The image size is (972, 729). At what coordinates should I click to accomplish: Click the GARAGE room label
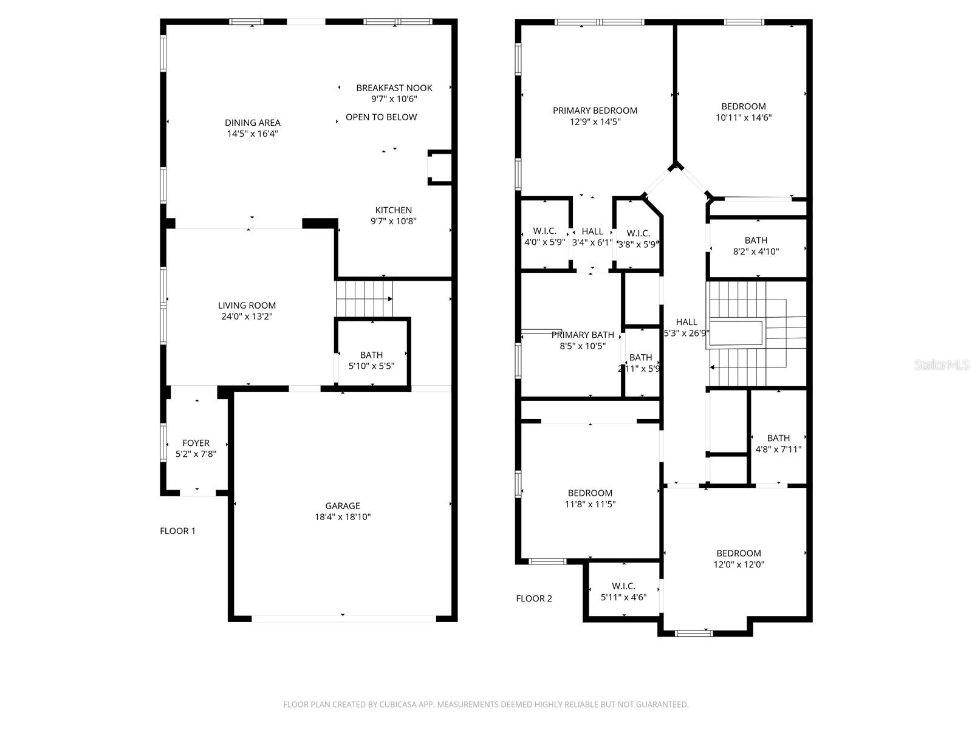pyautogui.click(x=343, y=505)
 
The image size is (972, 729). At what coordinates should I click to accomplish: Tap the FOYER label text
pyautogui.click(x=196, y=443)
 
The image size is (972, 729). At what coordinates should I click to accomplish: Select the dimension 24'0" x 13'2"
pyautogui.click(x=247, y=317)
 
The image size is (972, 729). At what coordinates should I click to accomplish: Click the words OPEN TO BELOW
pyautogui.click(x=381, y=117)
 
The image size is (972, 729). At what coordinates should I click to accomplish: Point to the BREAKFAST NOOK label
pyautogui.click(x=394, y=88)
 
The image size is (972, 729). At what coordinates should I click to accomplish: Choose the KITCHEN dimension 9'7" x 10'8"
pyautogui.click(x=394, y=222)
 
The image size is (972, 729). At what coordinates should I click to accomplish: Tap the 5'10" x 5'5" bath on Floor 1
pyautogui.click(x=371, y=361)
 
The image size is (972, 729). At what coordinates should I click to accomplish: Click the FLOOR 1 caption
pyautogui.click(x=177, y=531)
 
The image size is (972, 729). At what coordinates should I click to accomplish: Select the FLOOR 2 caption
pyautogui.click(x=534, y=598)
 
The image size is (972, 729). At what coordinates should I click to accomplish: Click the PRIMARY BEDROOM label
pyautogui.click(x=595, y=111)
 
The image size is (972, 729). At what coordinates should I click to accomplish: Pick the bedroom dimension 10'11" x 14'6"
pyautogui.click(x=744, y=118)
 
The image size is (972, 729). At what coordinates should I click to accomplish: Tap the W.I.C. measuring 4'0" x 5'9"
pyautogui.click(x=544, y=236)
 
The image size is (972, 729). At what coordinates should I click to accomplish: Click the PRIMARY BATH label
pyautogui.click(x=583, y=335)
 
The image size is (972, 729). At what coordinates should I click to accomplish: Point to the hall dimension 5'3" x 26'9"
pyautogui.click(x=686, y=333)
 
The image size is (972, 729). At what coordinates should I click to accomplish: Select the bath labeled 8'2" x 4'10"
pyautogui.click(x=756, y=245)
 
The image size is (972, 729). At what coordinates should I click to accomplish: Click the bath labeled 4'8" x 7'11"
pyautogui.click(x=778, y=443)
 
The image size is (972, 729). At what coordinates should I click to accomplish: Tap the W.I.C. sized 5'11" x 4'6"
pyautogui.click(x=623, y=592)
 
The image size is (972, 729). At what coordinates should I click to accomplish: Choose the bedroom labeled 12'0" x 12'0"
pyautogui.click(x=739, y=559)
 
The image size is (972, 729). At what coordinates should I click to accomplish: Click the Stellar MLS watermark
pyautogui.click(x=942, y=365)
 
